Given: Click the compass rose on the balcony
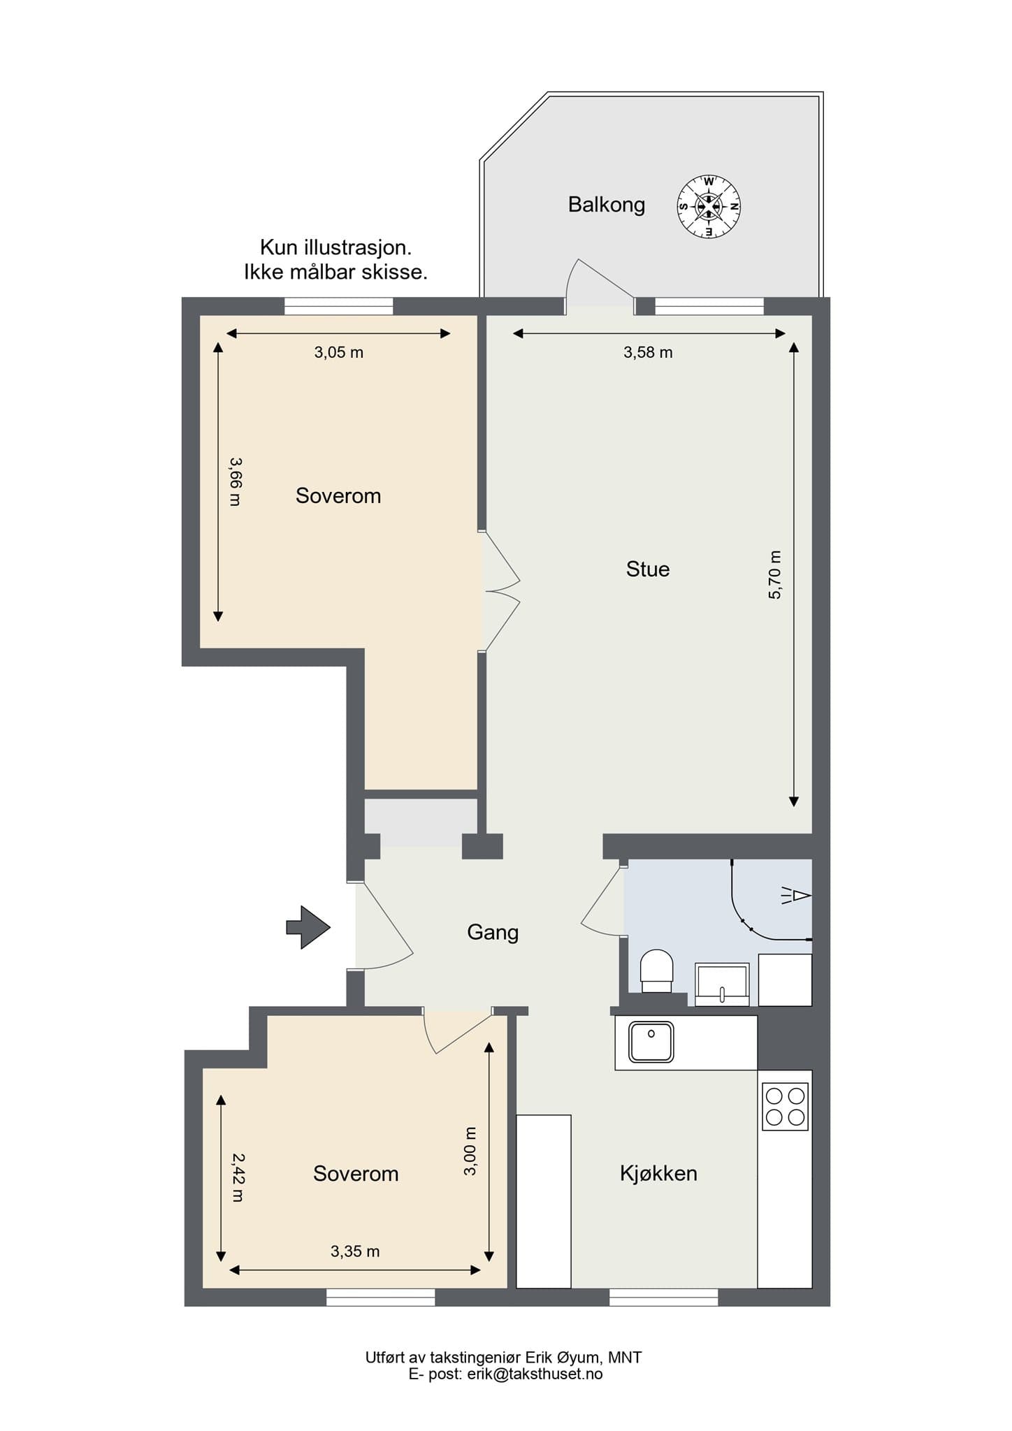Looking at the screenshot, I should click(709, 207).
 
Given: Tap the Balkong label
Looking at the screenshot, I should click(606, 205).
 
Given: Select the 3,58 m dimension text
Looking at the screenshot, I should click(648, 352).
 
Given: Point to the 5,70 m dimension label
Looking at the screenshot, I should click(775, 574).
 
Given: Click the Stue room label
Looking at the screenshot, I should click(647, 569).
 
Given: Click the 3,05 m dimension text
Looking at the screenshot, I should click(338, 352).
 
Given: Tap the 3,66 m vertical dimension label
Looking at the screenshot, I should click(235, 481).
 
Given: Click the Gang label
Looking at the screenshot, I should click(493, 932).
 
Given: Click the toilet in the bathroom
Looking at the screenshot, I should click(656, 970).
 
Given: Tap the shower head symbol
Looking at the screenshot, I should click(797, 895).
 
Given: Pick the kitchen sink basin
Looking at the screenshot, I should click(651, 1042).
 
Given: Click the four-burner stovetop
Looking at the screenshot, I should click(785, 1107).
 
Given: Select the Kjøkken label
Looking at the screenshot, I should click(658, 1173).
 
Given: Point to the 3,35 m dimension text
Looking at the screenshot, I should click(355, 1251).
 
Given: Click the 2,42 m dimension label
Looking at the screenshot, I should click(238, 1177).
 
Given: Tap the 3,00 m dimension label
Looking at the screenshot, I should click(470, 1151).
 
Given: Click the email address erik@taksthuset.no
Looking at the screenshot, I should click(535, 1374).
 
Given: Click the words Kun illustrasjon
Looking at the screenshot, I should click(335, 247).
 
